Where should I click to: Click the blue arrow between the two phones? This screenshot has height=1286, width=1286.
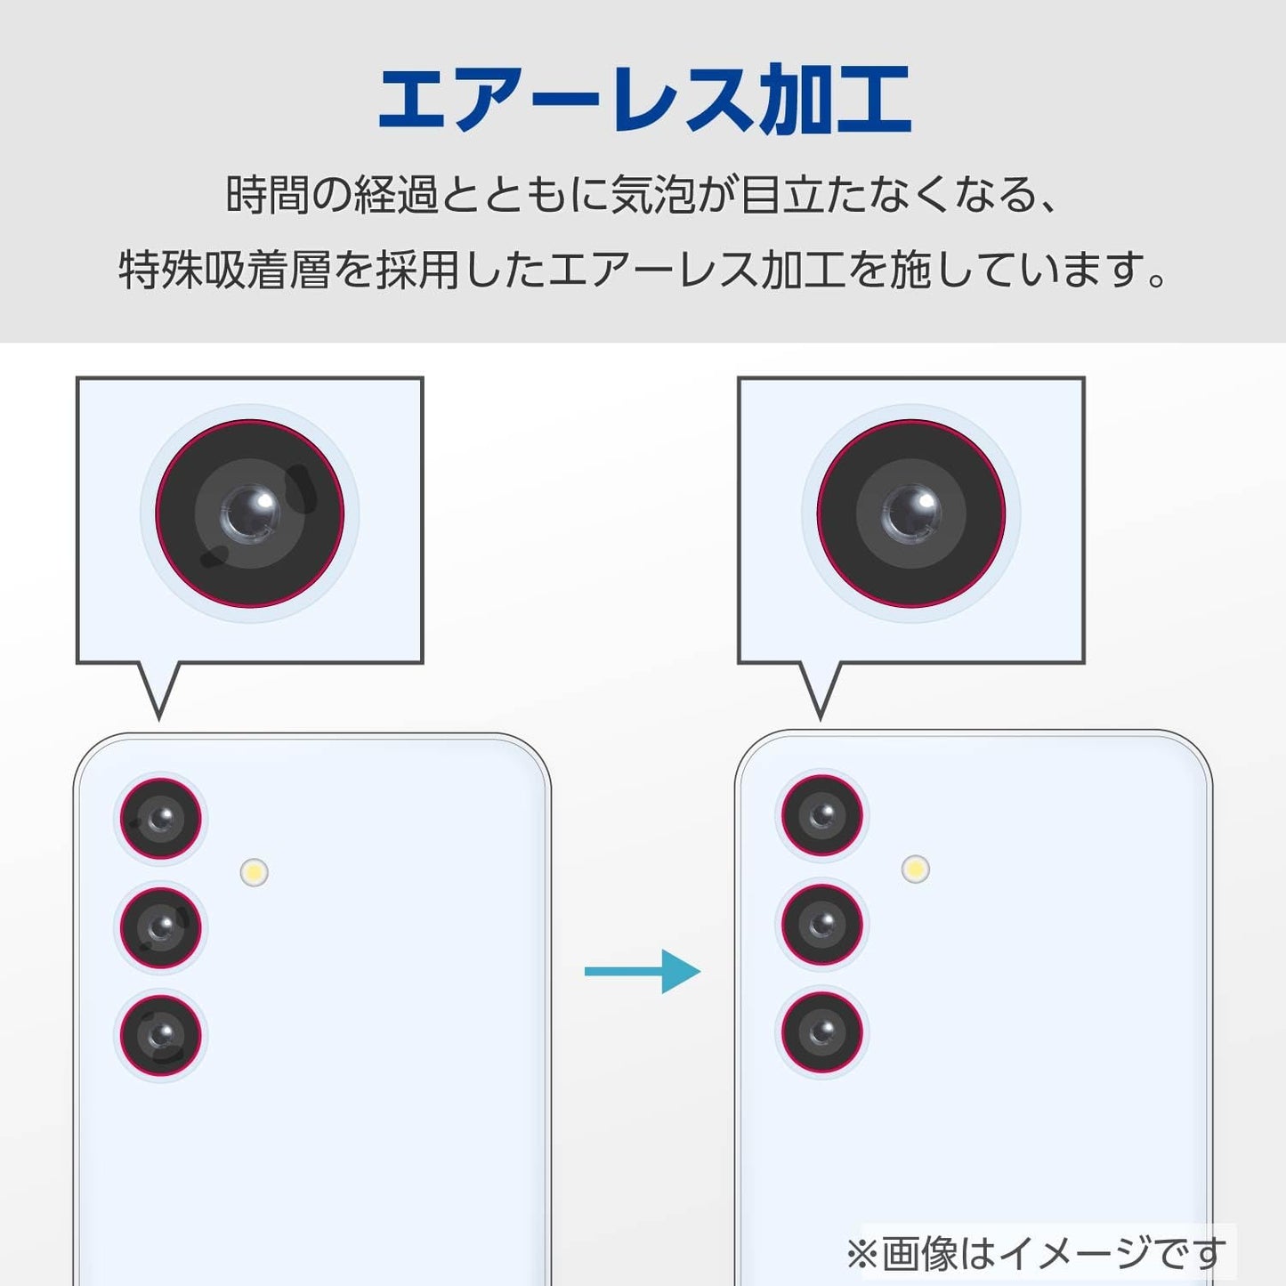[x=642, y=971]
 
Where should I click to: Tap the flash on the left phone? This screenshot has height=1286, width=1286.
[x=255, y=872]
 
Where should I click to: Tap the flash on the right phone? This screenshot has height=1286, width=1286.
[x=915, y=869]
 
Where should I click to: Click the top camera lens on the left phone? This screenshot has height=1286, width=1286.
[x=161, y=818]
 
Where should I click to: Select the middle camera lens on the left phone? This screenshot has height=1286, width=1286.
[x=161, y=927]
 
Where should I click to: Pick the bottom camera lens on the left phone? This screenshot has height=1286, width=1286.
[x=161, y=1036]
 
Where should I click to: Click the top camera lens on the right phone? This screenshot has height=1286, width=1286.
[x=822, y=814]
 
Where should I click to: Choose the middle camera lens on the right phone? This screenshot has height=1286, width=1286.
[x=822, y=924]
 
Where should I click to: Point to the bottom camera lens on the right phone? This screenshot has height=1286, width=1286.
[x=822, y=1032]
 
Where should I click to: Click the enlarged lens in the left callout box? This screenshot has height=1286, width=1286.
[x=250, y=514]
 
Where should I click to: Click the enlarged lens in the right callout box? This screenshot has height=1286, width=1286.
[x=911, y=514]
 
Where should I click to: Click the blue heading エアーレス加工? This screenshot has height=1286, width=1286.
[x=644, y=100]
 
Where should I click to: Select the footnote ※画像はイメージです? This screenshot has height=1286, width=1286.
[x=1036, y=1253]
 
